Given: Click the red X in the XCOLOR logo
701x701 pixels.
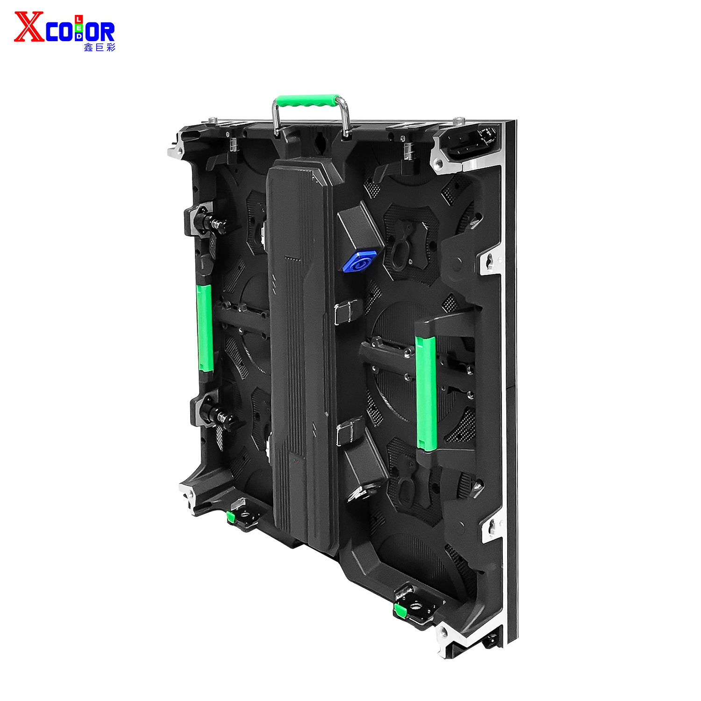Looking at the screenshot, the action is pos(29,27).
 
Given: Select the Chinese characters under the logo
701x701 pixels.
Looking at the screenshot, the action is pos(100,47).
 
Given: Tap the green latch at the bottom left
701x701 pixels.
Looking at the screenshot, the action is pos(230,517).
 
